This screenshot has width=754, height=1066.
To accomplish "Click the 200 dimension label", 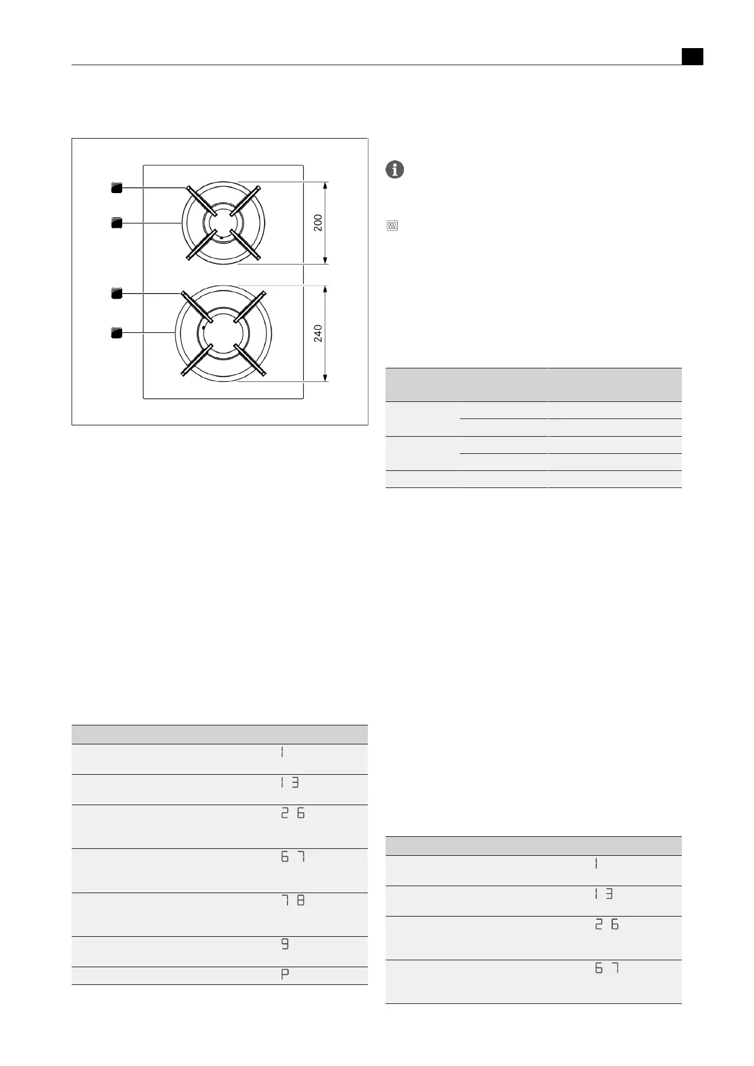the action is pyautogui.click(x=318, y=222).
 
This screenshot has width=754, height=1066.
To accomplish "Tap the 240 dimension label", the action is pyautogui.click(x=318, y=333).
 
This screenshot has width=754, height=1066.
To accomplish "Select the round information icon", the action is pyautogui.click(x=394, y=170).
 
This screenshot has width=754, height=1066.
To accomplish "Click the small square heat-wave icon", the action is pyautogui.click(x=392, y=226).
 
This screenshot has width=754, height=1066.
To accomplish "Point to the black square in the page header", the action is pyautogui.click(x=693, y=56).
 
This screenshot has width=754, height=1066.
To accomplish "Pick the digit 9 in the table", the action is pyautogui.click(x=285, y=944).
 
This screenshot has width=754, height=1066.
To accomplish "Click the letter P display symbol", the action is pyautogui.click(x=285, y=975).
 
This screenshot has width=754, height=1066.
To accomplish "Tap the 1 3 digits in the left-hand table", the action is pyautogui.click(x=289, y=782).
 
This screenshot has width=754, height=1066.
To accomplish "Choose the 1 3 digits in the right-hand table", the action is pyautogui.click(x=603, y=894).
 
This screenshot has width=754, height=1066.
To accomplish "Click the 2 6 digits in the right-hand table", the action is pyautogui.click(x=606, y=925).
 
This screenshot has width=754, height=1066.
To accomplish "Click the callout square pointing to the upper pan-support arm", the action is pyautogui.click(x=116, y=187).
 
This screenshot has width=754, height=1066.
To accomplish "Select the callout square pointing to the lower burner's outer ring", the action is pyautogui.click(x=116, y=333).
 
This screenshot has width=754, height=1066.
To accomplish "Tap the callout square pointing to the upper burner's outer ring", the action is pyautogui.click(x=116, y=222).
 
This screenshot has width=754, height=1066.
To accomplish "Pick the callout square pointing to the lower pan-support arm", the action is pyautogui.click(x=116, y=293).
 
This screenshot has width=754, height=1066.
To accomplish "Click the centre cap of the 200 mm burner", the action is pyautogui.click(x=223, y=223).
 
